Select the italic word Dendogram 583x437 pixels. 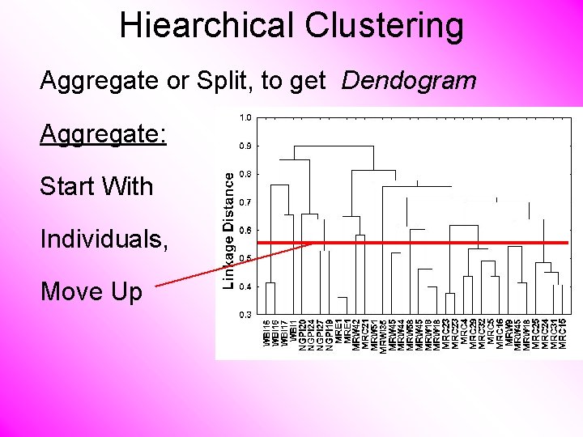pyautogui.click(x=409, y=81)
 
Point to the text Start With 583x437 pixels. pyautogui.click(x=96, y=186)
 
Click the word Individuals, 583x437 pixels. pyautogui.click(x=105, y=239)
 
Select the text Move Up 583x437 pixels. pyautogui.click(x=91, y=291)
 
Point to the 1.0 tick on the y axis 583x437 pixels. pyautogui.click(x=245, y=118)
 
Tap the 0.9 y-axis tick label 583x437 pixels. pyautogui.click(x=245, y=146)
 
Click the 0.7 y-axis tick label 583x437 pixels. pyautogui.click(x=245, y=202)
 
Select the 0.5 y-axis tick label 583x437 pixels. pyautogui.click(x=245, y=258)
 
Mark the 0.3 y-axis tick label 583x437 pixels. pyautogui.click(x=245, y=314)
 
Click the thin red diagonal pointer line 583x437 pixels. pyautogui.click(x=235, y=264)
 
